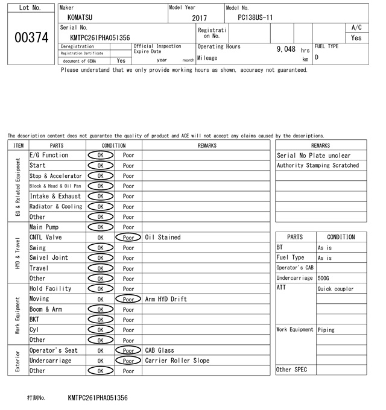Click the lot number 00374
click(30, 37)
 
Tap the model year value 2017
click(199, 18)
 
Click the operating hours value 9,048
click(286, 49)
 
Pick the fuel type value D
click(317, 57)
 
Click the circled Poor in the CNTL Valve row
click(128, 238)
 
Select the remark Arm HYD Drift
click(166, 299)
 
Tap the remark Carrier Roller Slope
click(177, 361)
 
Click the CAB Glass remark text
click(160, 350)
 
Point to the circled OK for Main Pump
click(100, 227)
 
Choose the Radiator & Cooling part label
click(55, 207)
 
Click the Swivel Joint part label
click(49, 258)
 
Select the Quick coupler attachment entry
click(335, 289)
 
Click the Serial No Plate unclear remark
click(313, 156)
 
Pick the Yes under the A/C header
click(356, 37)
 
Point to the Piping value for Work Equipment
click(327, 330)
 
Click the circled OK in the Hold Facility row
click(100, 289)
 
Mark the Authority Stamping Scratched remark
click(318, 166)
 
